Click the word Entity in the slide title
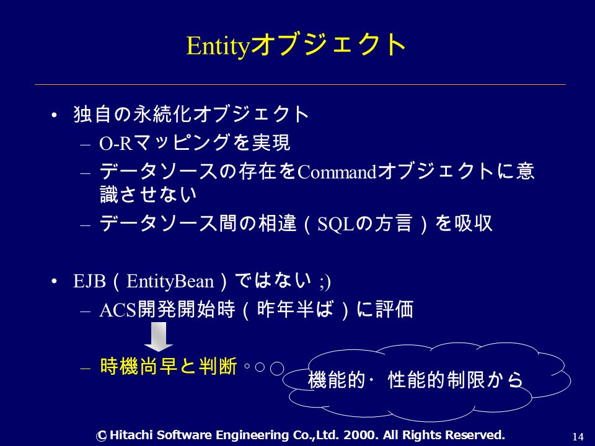click(x=218, y=46)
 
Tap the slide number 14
click(x=578, y=437)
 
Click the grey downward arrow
click(x=159, y=337)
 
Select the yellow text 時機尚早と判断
click(x=169, y=366)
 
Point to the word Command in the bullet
click(x=337, y=173)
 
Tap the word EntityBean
click(x=170, y=281)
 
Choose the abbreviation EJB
click(x=89, y=281)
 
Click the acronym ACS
click(x=118, y=310)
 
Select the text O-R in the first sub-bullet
click(x=115, y=143)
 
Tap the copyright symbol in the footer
click(x=101, y=435)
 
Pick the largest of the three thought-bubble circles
click(x=277, y=368)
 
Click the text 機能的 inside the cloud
click(x=337, y=380)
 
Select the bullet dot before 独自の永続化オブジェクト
click(x=55, y=115)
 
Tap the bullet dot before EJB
click(x=55, y=282)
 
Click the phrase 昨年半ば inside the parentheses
click(x=296, y=310)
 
